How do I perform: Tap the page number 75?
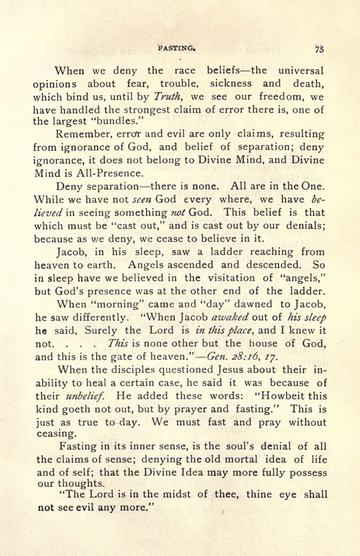coord(319,50)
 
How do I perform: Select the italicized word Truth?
coord(169,95)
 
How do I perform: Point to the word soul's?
coord(230,448)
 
